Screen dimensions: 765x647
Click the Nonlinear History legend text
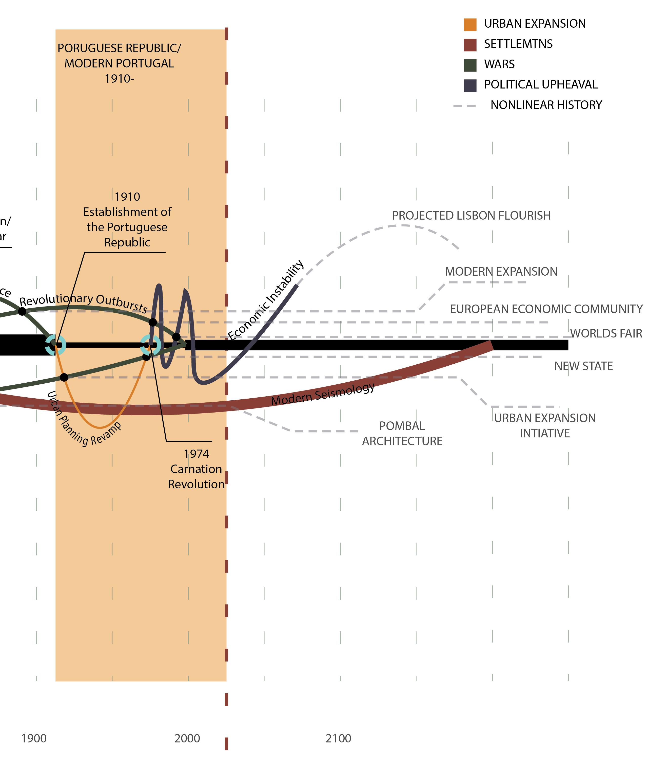tap(546, 105)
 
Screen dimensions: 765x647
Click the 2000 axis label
tap(187, 738)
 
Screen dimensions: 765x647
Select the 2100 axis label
tap(338, 738)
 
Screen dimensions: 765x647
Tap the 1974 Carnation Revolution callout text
tap(196, 469)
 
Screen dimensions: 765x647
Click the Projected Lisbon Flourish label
tap(471, 216)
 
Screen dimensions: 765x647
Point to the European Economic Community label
tap(546, 309)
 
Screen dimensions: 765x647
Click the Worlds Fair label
tap(606, 333)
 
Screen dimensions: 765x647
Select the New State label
tap(583, 366)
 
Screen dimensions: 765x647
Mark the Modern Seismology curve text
tap(323, 394)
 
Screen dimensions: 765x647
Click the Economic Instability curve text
tap(266, 300)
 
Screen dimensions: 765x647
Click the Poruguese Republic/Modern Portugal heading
tap(119, 63)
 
